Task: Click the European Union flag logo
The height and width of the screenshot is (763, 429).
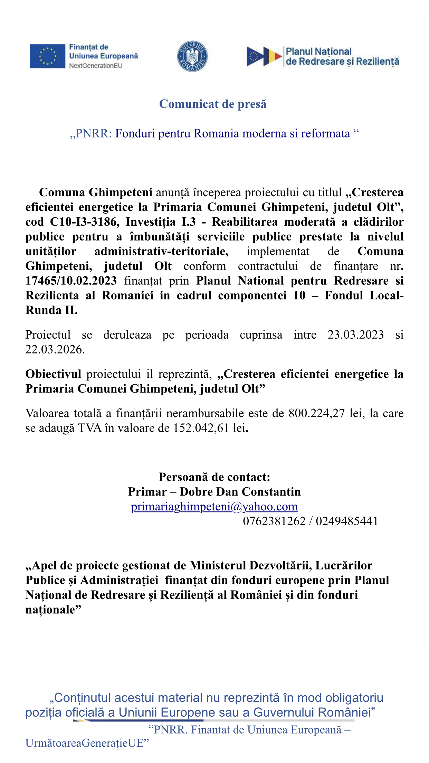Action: (x=47, y=56)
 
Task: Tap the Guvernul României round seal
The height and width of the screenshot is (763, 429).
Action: (x=192, y=56)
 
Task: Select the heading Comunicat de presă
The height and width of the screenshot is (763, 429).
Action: (x=213, y=104)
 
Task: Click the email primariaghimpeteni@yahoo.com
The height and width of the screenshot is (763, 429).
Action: (x=214, y=507)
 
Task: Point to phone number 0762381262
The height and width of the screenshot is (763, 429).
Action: (x=274, y=521)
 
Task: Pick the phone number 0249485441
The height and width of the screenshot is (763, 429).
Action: (x=347, y=521)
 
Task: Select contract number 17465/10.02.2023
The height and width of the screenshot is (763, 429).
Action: (x=71, y=281)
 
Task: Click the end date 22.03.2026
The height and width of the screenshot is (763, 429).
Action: (x=55, y=349)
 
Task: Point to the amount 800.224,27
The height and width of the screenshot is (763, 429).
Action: (x=317, y=413)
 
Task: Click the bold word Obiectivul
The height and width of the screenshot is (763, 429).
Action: (x=54, y=374)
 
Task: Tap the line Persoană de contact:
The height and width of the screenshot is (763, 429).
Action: (x=214, y=477)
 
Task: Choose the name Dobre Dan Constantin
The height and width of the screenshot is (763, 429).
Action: (x=240, y=492)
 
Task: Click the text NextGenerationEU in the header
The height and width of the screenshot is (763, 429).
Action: (x=96, y=66)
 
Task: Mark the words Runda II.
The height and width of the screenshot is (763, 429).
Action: (x=51, y=310)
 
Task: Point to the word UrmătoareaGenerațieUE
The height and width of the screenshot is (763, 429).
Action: (x=87, y=743)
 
